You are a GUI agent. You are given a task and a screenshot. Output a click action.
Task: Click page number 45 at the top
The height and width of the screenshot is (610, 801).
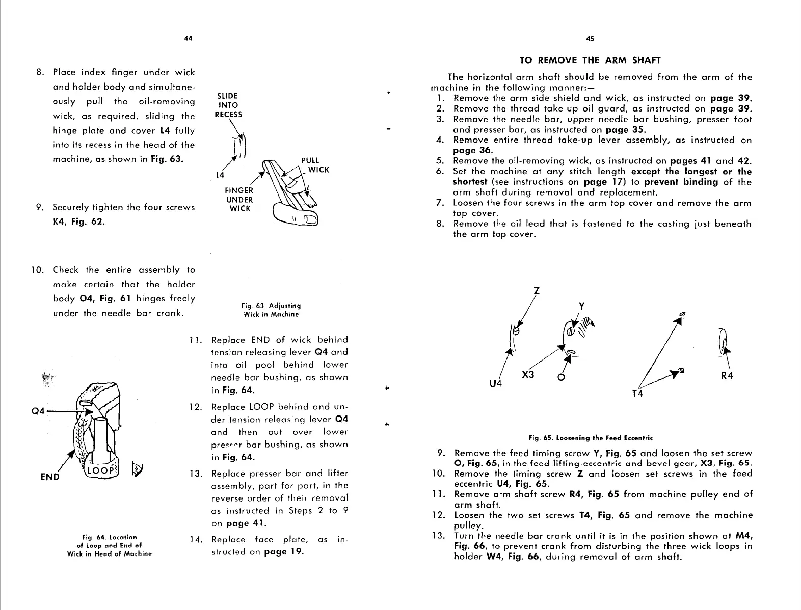pos(591,38)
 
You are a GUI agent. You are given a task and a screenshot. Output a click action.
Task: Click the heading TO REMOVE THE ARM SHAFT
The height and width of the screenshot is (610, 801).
pos(590,60)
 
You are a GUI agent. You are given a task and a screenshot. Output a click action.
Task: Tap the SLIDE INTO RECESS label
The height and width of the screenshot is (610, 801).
pos(228,105)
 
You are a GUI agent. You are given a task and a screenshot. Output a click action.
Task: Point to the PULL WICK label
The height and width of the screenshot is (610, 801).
pos(315,165)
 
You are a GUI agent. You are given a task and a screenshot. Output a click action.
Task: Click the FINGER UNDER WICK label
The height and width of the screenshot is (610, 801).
pos(238,200)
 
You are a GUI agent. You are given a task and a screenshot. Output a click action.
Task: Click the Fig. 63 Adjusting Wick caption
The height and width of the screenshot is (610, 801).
pos(271,310)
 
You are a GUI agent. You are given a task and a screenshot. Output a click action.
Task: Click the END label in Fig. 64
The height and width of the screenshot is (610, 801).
pos(50,477)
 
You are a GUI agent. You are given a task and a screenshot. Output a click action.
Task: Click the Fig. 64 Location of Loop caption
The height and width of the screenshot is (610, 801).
pos(110,545)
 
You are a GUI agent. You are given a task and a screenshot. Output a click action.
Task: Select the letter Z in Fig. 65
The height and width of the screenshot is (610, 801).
pos(536,291)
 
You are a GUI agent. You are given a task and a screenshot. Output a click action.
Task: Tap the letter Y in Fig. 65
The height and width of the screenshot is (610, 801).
pos(582,306)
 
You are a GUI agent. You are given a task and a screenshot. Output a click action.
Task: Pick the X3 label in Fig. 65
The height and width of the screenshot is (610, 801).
pos(528,375)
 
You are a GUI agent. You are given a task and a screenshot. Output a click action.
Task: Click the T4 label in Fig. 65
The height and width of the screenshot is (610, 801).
pos(637,394)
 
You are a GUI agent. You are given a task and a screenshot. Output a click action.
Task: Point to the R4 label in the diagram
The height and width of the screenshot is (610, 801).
pos(727,377)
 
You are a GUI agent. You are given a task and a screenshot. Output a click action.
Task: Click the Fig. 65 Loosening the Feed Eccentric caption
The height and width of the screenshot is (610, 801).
pos(591,438)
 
